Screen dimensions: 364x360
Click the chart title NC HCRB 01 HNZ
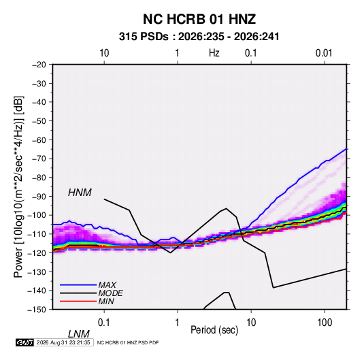click(x=199, y=19)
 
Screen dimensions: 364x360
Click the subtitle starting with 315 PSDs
click(x=199, y=37)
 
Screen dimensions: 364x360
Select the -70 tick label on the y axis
click(x=39, y=159)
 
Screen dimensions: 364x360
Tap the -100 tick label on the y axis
click(x=37, y=215)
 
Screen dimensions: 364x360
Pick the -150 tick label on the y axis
click(x=37, y=310)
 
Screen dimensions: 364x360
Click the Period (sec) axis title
click(x=214, y=330)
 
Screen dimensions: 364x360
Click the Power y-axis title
click(x=18, y=187)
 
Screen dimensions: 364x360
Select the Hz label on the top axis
click(x=214, y=53)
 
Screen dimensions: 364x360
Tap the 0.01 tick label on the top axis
click(x=324, y=53)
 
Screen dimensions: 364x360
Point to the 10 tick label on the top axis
click(x=104, y=53)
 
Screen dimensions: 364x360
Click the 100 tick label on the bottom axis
click(x=325, y=323)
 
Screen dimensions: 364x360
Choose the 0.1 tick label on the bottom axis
click(x=104, y=323)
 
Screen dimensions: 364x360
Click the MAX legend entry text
click(x=107, y=285)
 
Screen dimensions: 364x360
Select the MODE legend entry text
click(x=110, y=293)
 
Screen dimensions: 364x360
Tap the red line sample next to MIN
click(x=78, y=301)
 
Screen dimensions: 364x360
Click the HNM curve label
click(x=80, y=193)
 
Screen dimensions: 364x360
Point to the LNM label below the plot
click(x=78, y=334)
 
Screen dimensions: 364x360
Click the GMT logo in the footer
click(x=25, y=342)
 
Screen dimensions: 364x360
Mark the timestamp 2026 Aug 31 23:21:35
click(x=63, y=342)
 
